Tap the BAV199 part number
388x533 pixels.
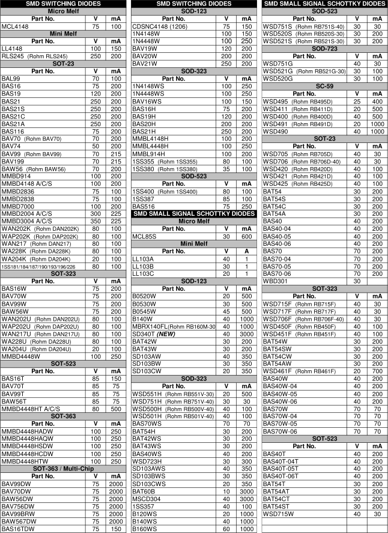pos(13,162)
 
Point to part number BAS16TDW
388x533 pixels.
pos(18,529)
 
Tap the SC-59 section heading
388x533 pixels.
pos(324,86)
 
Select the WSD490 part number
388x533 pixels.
pos(276,131)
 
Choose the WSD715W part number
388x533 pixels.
pos(279,514)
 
